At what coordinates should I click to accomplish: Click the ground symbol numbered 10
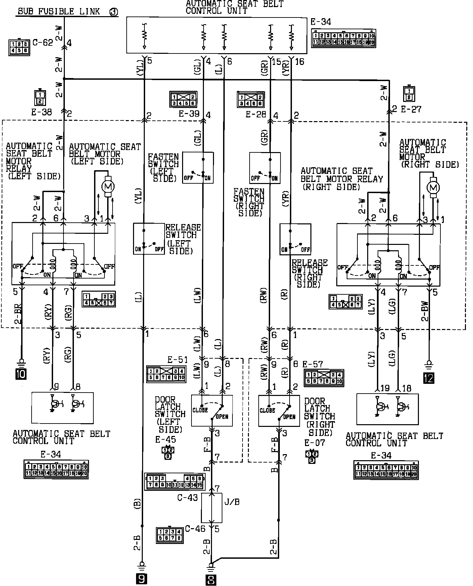point(21,374)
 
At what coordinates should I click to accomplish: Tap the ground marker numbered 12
point(429,378)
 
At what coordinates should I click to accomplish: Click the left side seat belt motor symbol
point(108,186)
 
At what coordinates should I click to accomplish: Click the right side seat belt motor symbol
point(433,187)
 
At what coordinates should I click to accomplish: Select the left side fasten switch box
point(198,168)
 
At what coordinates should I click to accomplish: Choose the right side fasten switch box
point(265,168)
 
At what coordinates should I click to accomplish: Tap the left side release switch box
point(149,239)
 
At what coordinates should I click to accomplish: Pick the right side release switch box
point(295,239)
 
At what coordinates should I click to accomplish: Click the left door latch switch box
point(212,410)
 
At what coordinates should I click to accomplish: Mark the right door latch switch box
point(279,411)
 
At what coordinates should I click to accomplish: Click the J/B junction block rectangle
point(212,508)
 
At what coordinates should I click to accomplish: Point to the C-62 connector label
point(43,43)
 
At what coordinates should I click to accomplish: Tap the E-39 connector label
point(189,114)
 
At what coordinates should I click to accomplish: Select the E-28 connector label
point(256,114)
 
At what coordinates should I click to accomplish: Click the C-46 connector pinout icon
point(170,535)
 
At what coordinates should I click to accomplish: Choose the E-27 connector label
point(411,109)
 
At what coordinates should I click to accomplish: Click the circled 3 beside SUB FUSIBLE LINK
point(114,12)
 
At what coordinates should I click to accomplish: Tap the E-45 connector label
point(165,440)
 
